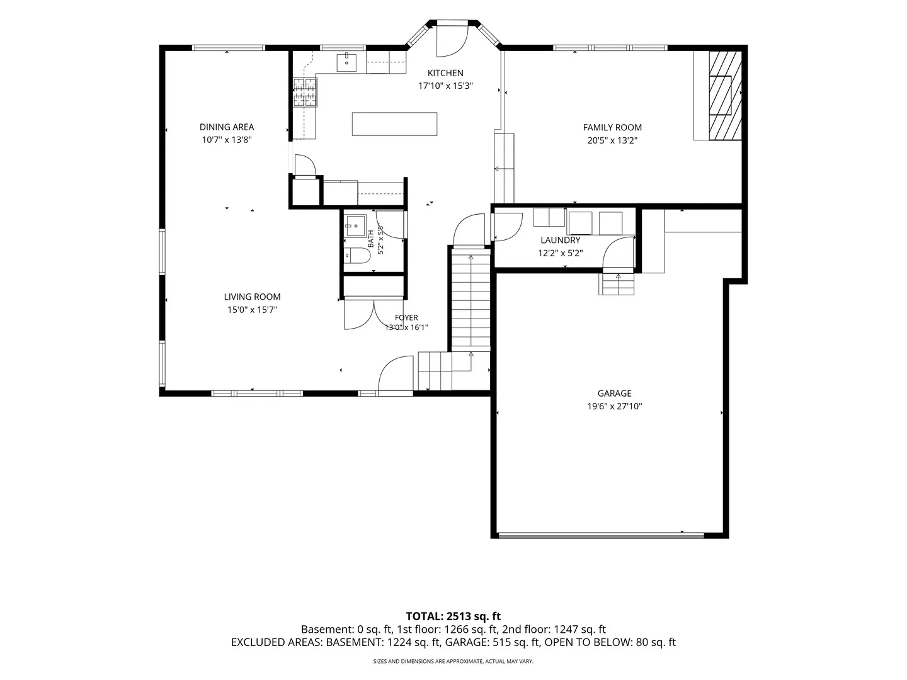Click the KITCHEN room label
click(x=445, y=73)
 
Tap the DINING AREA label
click(x=227, y=127)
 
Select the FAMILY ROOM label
click(x=612, y=128)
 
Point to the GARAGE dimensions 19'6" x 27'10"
click(x=615, y=406)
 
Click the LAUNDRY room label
click(x=560, y=241)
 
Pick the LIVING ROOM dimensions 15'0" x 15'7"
click(x=252, y=310)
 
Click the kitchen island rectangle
click(x=394, y=124)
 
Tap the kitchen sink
click(x=346, y=62)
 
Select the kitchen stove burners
click(x=305, y=92)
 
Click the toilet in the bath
click(x=357, y=256)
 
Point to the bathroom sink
click(x=355, y=226)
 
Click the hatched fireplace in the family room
click(x=725, y=95)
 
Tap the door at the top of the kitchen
click(x=452, y=39)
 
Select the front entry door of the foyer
click(x=396, y=373)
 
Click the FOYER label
click(x=406, y=318)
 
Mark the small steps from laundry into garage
click(x=616, y=284)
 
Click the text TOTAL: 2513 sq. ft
click(x=453, y=616)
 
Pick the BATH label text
click(x=370, y=239)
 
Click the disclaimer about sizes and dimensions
click(x=453, y=661)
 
